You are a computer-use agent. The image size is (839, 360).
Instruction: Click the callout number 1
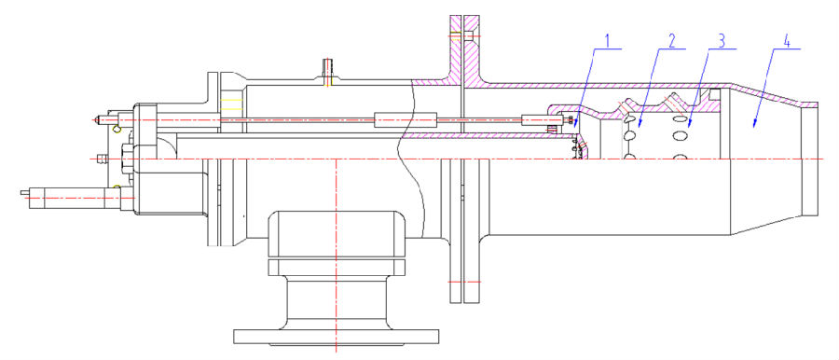607,40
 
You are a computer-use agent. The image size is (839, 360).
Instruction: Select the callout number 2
672,40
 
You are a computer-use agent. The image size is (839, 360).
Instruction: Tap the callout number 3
722,40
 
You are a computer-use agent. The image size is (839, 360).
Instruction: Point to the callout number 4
787,40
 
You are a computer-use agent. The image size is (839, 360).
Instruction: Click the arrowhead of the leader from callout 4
754,125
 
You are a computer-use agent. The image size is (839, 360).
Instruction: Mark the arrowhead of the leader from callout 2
639,124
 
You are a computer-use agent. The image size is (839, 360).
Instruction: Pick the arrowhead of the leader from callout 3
690,124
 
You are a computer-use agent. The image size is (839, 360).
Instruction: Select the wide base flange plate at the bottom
336,337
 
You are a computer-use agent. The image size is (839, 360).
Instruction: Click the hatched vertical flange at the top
464,46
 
